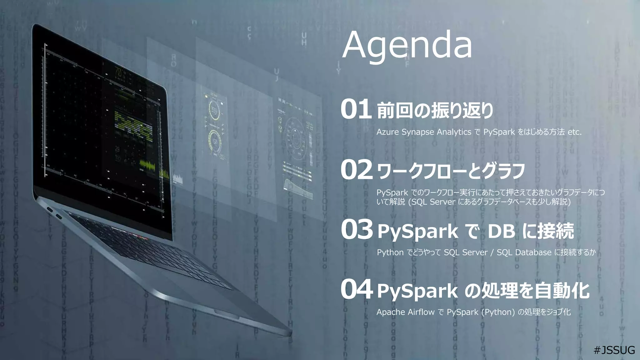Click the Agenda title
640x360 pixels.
click(407, 46)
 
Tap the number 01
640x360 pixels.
click(356, 110)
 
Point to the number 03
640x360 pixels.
click(357, 230)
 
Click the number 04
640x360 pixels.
click(357, 290)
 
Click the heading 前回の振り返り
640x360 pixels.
click(435, 111)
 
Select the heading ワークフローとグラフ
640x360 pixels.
click(451, 171)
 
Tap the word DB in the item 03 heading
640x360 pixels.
click(501, 232)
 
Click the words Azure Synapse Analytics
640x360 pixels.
click(423, 132)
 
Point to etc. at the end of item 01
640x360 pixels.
click(574, 132)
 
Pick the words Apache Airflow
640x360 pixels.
click(405, 312)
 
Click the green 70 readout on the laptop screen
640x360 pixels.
click(118, 72)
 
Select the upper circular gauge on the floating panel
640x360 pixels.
click(214, 110)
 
